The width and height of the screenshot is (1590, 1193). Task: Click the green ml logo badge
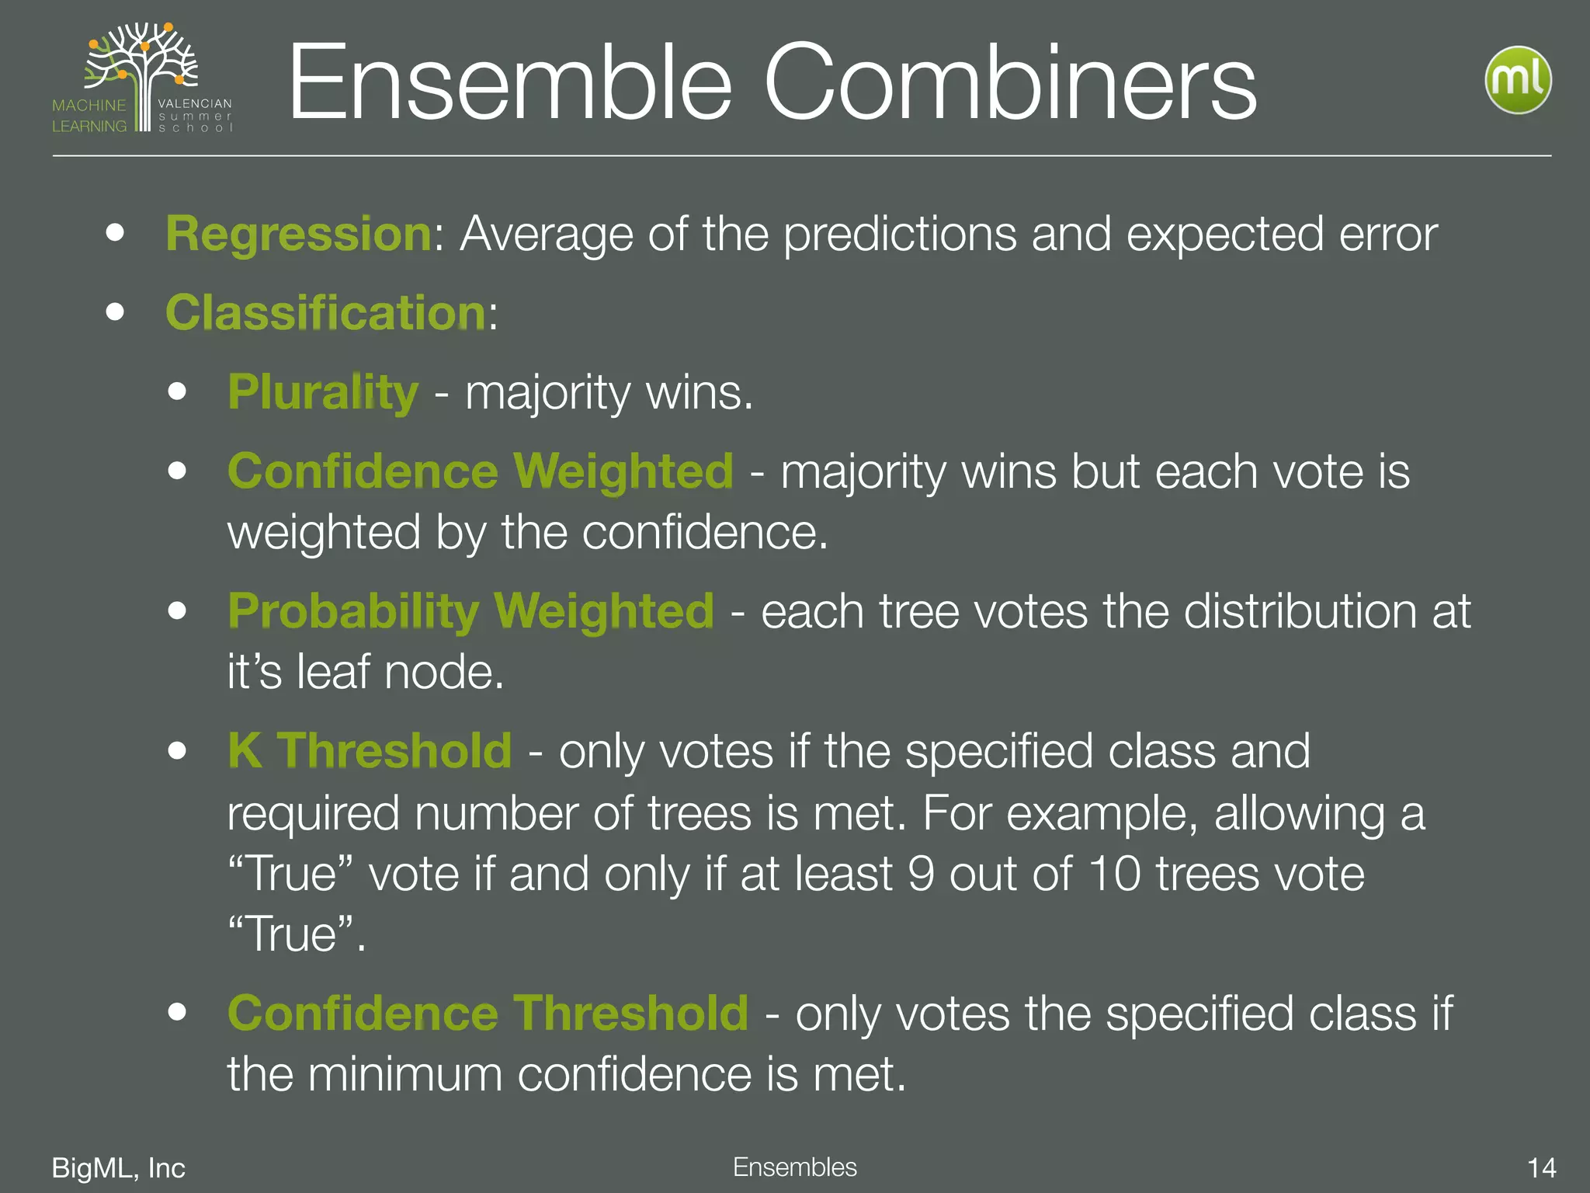(1518, 80)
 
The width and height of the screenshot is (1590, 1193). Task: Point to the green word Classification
(326, 312)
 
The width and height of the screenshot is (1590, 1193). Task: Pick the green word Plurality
(323, 391)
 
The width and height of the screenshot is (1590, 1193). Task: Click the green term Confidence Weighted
(480, 471)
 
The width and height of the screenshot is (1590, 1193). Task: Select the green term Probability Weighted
(470, 610)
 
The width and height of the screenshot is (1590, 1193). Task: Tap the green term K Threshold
(370, 750)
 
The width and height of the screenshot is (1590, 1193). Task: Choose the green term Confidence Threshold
(488, 1013)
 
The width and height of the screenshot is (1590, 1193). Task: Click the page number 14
(1541, 1168)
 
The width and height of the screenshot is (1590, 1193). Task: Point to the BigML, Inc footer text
(118, 1168)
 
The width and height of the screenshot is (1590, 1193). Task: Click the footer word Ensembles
(794, 1167)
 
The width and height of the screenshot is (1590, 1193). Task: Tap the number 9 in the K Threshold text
(921, 874)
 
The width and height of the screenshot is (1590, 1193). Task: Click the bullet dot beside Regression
(116, 232)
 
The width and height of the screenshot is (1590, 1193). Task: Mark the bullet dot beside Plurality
(178, 391)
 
